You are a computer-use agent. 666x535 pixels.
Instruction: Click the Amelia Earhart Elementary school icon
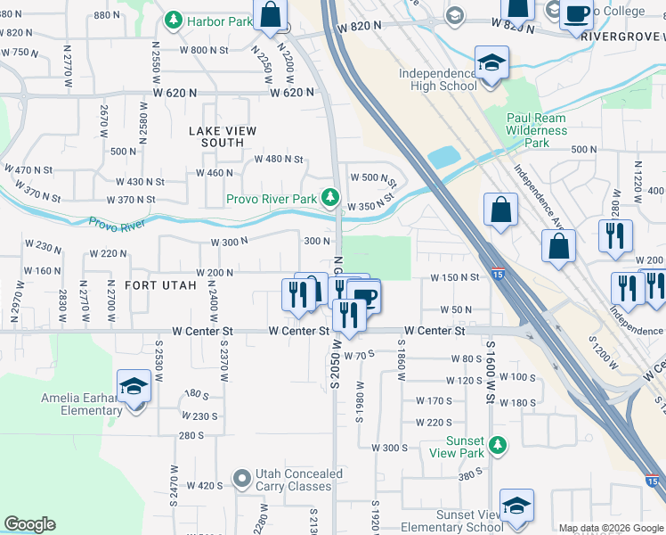tap(134, 387)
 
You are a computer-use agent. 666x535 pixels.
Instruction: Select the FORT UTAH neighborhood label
tap(160, 285)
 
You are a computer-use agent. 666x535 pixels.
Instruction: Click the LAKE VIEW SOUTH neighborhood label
tap(223, 136)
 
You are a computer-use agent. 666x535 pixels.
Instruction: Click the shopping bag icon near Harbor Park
tap(271, 14)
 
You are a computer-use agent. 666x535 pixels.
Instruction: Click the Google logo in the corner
tap(30, 524)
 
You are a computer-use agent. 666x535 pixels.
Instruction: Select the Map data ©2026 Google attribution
tap(610, 529)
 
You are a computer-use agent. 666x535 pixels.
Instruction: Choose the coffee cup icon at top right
tap(576, 14)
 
